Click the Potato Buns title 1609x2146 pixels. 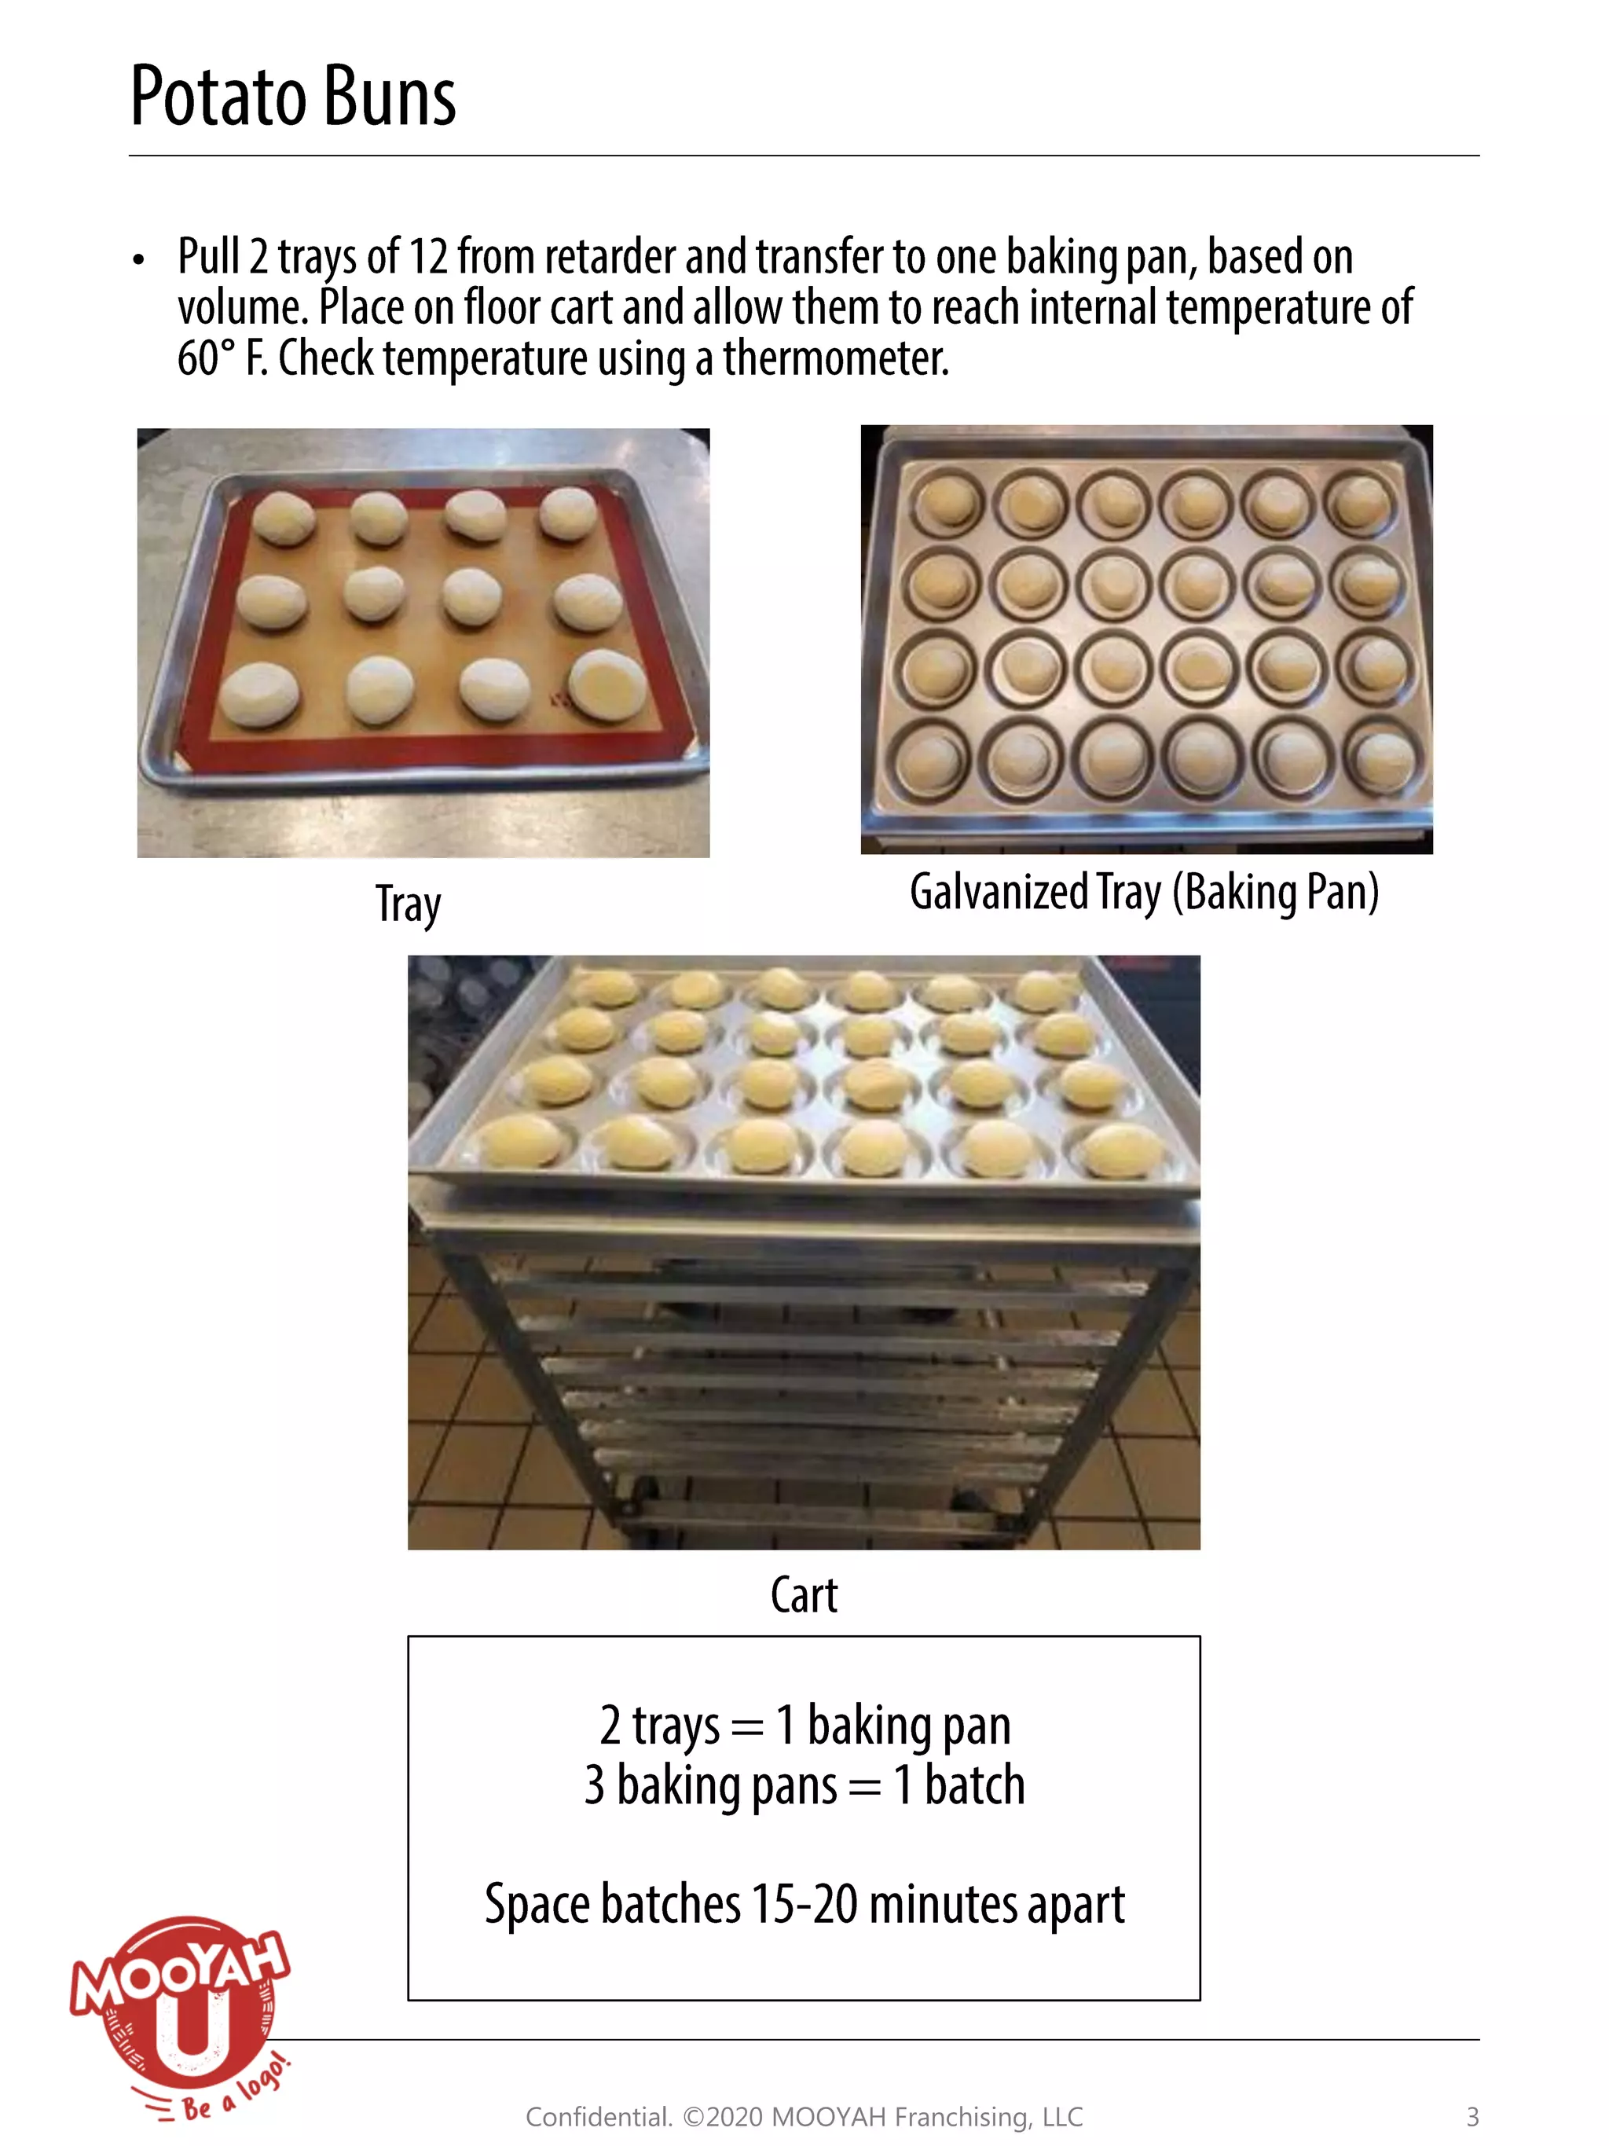[292, 97]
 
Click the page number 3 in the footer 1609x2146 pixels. [1472, 2117]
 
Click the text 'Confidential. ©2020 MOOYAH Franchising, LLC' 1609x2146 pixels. [803, 2117]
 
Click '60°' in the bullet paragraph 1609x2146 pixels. [207, 359]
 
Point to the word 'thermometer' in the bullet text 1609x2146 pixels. [834, 359]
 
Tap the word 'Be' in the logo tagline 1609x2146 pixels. [197, 2106]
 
